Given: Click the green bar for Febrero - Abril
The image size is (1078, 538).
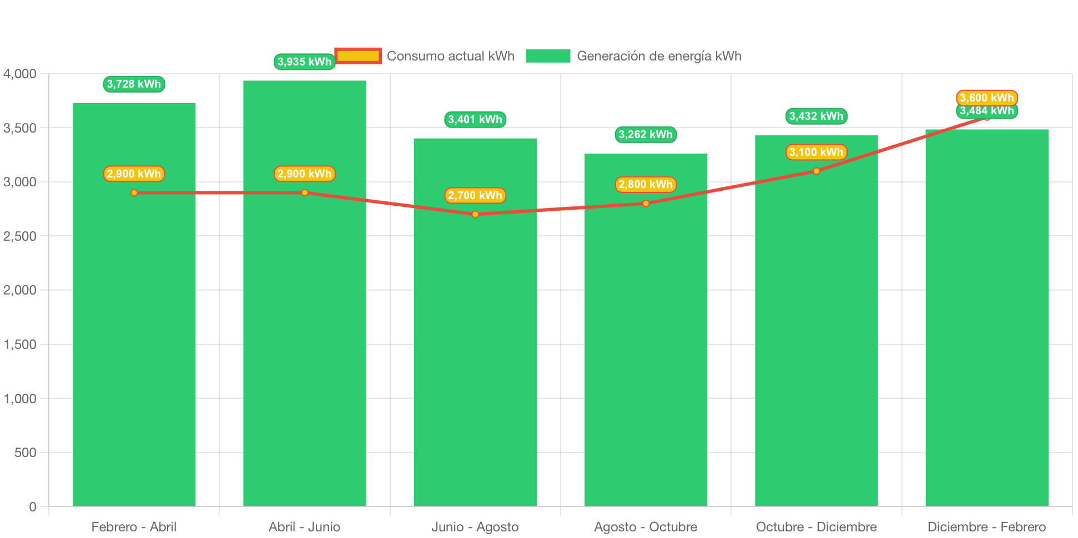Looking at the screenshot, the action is pos(134,304).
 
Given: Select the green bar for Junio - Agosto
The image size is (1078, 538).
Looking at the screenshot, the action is pos(475,322).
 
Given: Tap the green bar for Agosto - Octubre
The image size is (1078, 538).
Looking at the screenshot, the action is pos(646,330).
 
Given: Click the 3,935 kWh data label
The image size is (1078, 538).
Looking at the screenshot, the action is pos(305,62).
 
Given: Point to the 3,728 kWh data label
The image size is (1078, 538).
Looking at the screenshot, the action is pos(134,84).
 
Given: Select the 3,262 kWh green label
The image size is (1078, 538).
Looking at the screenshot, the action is pos(646,135).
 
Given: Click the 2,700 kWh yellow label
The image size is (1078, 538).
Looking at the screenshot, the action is pos(475,195).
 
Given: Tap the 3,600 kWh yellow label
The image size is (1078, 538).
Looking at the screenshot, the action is pos(987,98).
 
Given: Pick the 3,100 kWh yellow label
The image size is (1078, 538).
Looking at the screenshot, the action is pos(817,152).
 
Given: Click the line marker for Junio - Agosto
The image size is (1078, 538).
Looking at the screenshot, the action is pos(475,214).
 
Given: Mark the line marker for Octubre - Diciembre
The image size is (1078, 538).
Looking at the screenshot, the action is pos(817,171).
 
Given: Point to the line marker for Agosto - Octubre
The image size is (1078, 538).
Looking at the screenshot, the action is pos(646,204).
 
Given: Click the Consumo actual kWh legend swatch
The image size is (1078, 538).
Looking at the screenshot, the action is pos(358,56).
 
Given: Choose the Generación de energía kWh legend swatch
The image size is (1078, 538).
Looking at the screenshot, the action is pos(548,56).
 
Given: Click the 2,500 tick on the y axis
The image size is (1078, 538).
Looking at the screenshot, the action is pos(20,236).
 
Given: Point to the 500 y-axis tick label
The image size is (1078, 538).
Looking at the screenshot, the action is pos(25,453).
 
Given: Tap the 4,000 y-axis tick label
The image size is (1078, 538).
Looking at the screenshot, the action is pos(20,74).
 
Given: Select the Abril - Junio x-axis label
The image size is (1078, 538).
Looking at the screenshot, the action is pos(305,527).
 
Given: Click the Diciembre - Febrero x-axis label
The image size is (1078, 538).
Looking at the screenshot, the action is pos(987,527).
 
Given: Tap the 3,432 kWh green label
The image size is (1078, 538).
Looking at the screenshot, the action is pos(817,116).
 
